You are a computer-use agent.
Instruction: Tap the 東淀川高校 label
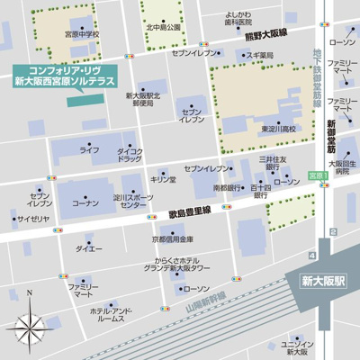[x=274, y=129]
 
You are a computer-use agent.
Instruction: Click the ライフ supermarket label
[x=90, y=149]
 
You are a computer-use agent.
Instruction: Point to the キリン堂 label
[x=162, y=179]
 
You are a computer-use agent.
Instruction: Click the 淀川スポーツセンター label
[x=133, y=202]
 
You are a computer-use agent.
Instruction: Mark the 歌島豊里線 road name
[x=188, y=211]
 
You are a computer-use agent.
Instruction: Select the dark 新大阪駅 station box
[x=322, y=281]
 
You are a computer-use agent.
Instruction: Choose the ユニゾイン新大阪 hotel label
[x=296, y=347]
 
